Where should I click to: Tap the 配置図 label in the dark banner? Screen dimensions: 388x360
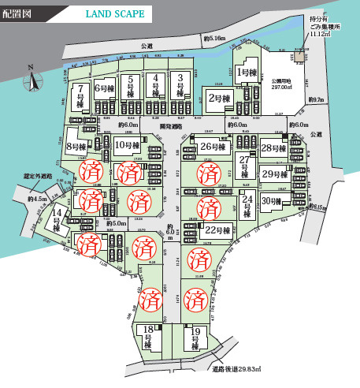(x=18, y=14)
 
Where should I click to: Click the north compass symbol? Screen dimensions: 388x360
(x=32, y=79)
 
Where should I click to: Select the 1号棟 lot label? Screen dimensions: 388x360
(x=247, y=71)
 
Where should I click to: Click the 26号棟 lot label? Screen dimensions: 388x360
(x=209, y=147)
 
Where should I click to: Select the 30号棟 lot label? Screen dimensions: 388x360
(x=272, y=200)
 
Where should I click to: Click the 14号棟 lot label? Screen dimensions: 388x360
(x=57, y=217)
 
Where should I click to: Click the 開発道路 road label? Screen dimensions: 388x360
(x=171, y=126)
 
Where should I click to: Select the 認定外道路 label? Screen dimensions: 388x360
(x=39, y=176)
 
